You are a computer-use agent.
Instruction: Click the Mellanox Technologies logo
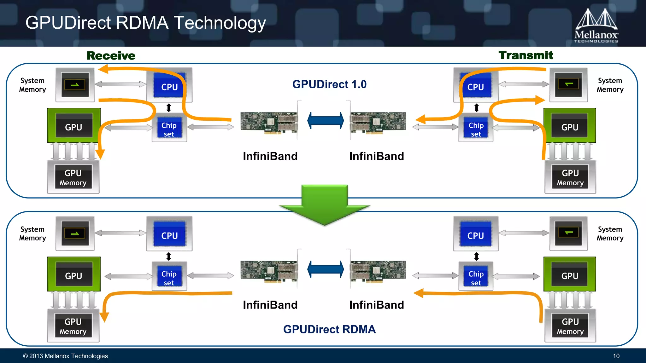click(596, 26)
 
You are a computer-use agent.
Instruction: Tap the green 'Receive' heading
click(111, 56)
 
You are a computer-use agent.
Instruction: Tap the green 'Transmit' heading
click(526, 55)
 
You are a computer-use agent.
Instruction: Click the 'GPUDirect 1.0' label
click(329, 84)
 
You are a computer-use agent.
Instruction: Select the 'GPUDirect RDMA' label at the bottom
click(329, 329)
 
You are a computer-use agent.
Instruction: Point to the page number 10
click(616, 356)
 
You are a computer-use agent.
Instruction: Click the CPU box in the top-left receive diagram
click(169, 85)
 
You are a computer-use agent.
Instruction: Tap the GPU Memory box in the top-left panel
click(73, 177)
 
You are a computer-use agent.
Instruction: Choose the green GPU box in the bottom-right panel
click(570, 274)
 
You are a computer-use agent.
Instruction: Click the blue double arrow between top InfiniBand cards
click(326, 121)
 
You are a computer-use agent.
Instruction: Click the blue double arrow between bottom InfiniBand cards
click(326, 269)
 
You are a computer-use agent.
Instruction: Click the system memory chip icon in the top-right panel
click(568, 84)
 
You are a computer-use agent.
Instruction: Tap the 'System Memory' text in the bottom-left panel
click(32, 234)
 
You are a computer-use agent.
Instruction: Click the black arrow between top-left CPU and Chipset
click(169, 108)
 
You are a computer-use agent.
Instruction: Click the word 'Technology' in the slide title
click(220, 23)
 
